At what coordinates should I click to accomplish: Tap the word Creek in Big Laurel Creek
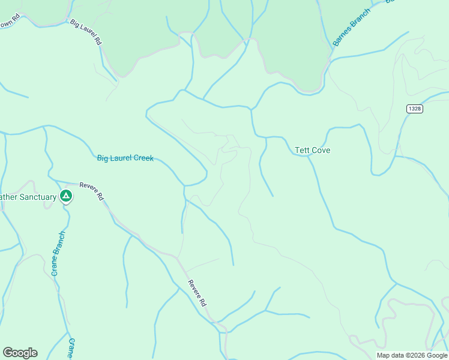point(143,158)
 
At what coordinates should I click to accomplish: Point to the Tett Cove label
point(313,150)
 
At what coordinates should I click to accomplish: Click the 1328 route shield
point(414,109)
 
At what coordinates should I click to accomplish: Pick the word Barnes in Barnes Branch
point(341,38)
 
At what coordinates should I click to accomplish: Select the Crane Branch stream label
point(58,254)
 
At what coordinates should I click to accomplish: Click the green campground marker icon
point(66,196)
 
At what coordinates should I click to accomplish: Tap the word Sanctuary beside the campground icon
point(35,197)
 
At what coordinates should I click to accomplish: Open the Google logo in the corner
point(20,353)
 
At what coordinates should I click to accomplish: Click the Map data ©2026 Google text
point(411,355)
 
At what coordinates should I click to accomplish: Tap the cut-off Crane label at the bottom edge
point(71,348)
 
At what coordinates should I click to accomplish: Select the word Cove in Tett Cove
point(321,150)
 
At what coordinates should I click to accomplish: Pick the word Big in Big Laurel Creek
point(103,158)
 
